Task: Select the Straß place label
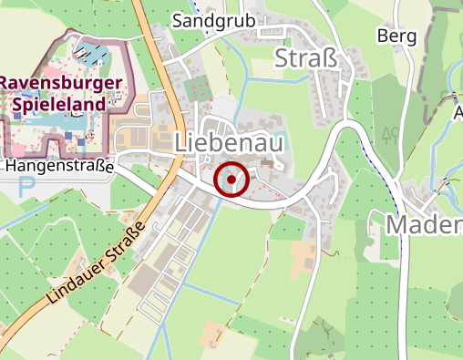[x=306, y=59]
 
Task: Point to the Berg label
[x=396, y=36]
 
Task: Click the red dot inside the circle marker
[x=231, y=180]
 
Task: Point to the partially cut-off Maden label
[x=424, y=224]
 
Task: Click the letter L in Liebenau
[x=180, y=143]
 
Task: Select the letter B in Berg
[x=382, y=36]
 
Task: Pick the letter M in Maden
[x=398, y=224]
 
